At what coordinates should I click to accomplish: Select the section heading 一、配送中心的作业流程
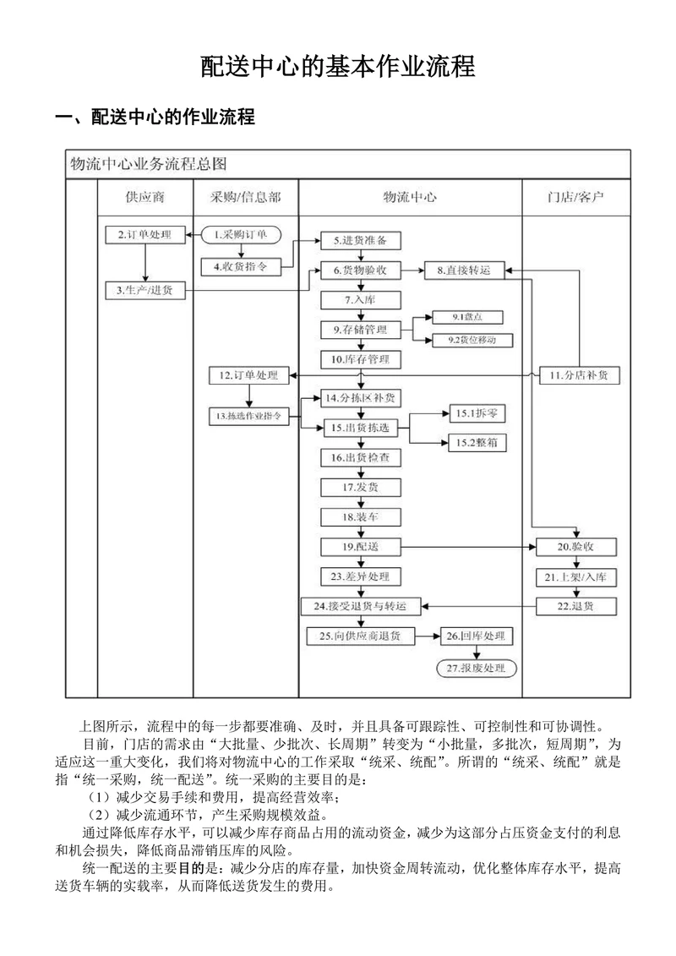(x=155, y=117)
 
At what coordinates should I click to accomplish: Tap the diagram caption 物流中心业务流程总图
(x=147, y=163)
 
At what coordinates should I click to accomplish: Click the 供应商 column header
(x=144, y=198)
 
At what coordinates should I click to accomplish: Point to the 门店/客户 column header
(x=575, y=198)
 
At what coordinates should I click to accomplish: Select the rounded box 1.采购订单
(x=240, y=234)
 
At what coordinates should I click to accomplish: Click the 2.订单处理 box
(x=144, y=234)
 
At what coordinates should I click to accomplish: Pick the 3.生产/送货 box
(x=144, y=291)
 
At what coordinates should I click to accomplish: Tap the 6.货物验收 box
(x=360, y=270)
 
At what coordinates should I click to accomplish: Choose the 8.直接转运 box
(x=463, y=270)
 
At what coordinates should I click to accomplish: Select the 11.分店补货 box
(x=579, y=374)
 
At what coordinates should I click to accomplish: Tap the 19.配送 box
(x=360, y=547)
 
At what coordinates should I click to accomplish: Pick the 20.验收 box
(x=575, y=547)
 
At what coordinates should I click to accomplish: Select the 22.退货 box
(x=575, y=606)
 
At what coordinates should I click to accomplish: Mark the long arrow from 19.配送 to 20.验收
(x=469, y=547)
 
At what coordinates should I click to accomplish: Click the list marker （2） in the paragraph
(x=100, y=815)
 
